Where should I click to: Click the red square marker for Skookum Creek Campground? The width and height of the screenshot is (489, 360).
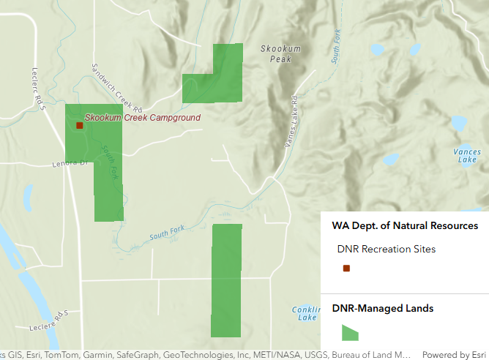(79, 125)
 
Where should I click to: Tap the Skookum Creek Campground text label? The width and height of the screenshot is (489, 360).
(142, 117)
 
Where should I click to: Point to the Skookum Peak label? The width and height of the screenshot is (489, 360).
(280, 53)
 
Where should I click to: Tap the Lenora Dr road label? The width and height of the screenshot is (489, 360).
(70, 162)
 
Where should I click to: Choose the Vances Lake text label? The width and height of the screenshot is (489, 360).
(467, 155)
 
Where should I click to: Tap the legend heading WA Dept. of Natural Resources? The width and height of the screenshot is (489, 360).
(405, 226)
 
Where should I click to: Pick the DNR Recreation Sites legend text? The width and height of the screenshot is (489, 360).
(387, 249)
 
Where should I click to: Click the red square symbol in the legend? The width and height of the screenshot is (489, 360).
(347, 269)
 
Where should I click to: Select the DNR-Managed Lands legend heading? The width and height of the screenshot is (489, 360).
(382, 308)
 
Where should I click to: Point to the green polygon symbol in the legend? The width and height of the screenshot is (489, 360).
(351, 332)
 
